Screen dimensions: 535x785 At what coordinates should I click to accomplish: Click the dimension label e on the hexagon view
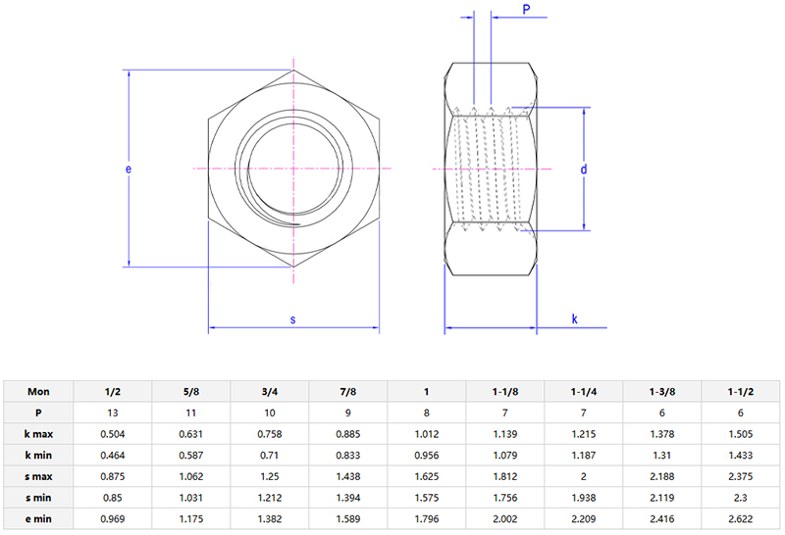tap(128, 169)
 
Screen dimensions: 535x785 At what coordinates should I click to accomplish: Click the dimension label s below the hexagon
tap(293, 319)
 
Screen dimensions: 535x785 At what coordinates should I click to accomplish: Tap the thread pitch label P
tap(526, 10)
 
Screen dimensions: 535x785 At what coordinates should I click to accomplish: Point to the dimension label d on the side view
tap(583, 170)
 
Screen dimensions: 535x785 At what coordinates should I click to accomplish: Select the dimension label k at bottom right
tap(574, 319)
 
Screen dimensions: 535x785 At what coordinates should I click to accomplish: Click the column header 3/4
tap(269, 391)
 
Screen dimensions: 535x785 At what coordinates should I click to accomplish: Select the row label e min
tap(38, 519)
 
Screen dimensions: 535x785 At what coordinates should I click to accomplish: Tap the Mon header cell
tap(38, 391)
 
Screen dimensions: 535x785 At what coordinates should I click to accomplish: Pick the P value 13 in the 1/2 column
tap(112, 413)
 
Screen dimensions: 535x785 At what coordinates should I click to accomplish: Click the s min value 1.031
tap(190, 498)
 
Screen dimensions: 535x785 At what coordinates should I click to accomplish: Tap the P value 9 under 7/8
tap(348, 413)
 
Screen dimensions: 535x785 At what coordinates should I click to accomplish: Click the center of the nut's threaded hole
tap(294, 170)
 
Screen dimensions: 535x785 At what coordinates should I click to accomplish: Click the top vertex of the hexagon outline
tap(294, 72)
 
